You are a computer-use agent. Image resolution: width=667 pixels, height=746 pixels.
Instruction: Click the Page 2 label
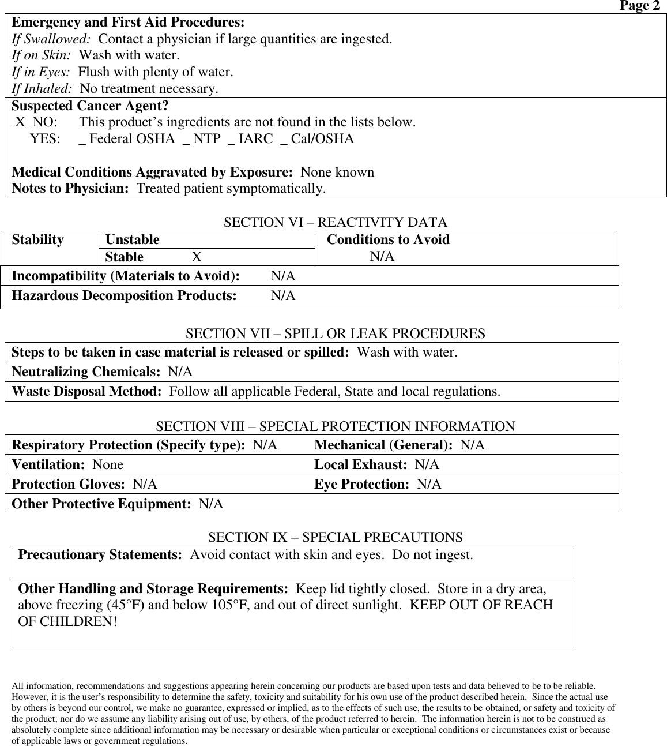tap(639, 6)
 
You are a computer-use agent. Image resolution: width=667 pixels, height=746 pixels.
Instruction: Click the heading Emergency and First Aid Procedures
tap(128, 23)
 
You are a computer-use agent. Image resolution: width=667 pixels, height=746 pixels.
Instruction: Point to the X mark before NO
tap(21, 122)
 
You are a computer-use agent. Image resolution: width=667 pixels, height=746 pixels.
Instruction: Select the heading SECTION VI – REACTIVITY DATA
tap(335, 223)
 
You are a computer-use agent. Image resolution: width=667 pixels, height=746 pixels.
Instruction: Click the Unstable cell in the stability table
tap(133, 239)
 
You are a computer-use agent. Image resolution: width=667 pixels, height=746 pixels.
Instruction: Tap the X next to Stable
tap(197, 257)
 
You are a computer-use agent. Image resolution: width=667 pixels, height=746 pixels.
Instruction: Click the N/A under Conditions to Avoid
tap(382, 257)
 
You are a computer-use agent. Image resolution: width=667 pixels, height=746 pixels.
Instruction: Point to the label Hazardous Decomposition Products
tap(124, 296)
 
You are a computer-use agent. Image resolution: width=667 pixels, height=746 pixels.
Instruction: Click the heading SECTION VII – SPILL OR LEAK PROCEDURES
tap(335, 334)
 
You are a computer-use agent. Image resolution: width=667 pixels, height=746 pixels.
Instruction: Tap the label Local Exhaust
tap(361, 465)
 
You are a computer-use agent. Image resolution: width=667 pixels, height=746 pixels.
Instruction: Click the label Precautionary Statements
tap(100, 556)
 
